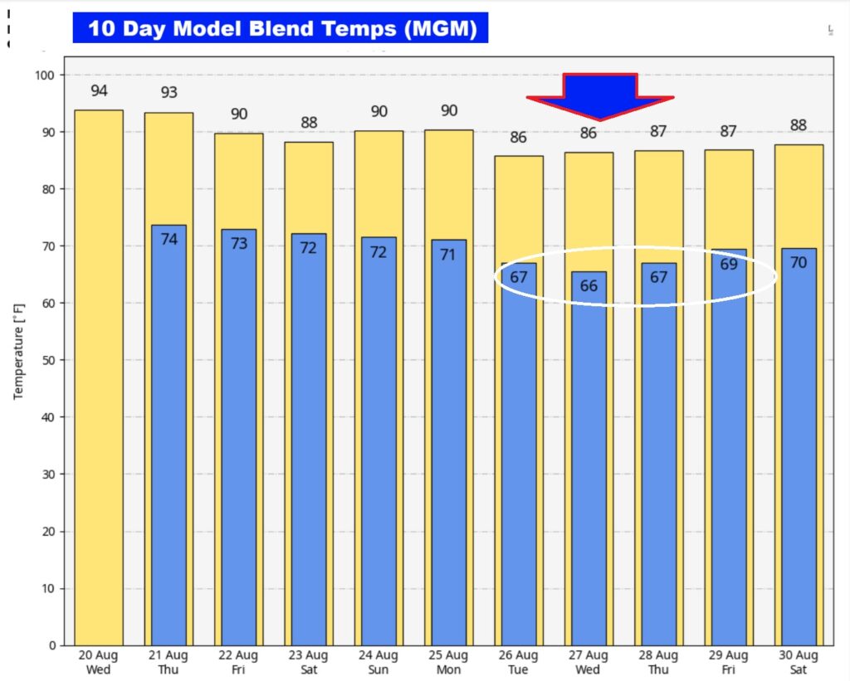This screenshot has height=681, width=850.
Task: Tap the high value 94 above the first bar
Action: coord(99,91)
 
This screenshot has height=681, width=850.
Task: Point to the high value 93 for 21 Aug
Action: coord(169,93)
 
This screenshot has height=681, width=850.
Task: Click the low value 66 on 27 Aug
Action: coord(589,286)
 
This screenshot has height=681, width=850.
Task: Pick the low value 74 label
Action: coord(169,240)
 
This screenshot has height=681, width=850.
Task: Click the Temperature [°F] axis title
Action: coord(18,345)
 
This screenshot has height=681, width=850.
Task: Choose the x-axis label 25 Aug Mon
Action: coord(448,663)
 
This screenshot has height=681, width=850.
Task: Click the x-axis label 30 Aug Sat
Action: coord(799,663)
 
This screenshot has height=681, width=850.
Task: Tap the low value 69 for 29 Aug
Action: coord(729,265)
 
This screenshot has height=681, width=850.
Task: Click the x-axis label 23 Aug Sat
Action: coord(308,663)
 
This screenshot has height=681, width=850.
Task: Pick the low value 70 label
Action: coord(799,265)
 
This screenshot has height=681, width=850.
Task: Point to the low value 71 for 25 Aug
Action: coord(448,255)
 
